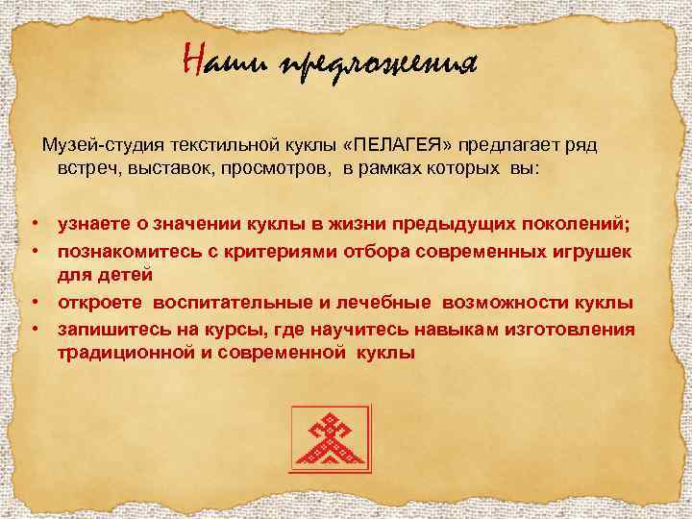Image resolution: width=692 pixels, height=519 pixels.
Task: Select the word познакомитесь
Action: [x=122, y=251]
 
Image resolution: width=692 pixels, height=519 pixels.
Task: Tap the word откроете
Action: [x=98, y=303]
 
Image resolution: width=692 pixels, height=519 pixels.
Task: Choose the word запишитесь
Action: [x=107, y=329]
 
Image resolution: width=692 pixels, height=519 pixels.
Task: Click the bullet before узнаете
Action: [x=33, y=225]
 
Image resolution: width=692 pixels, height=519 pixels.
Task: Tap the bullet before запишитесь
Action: [x=33, y=329]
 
